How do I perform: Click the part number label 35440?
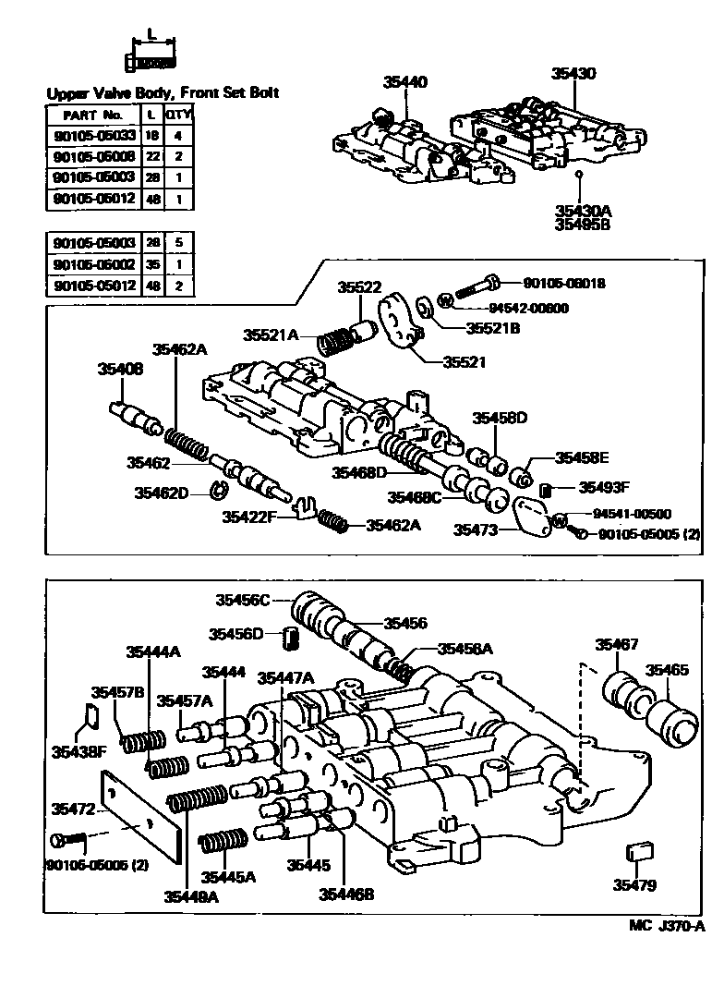point(405,82)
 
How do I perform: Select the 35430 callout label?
point(574,73)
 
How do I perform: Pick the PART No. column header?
point(92,115)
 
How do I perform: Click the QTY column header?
point(177,115)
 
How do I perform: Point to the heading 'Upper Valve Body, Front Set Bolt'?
point(163,93)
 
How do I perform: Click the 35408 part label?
point(120,369)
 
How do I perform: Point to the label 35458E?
point(582,457)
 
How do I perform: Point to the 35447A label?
point(285,677)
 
